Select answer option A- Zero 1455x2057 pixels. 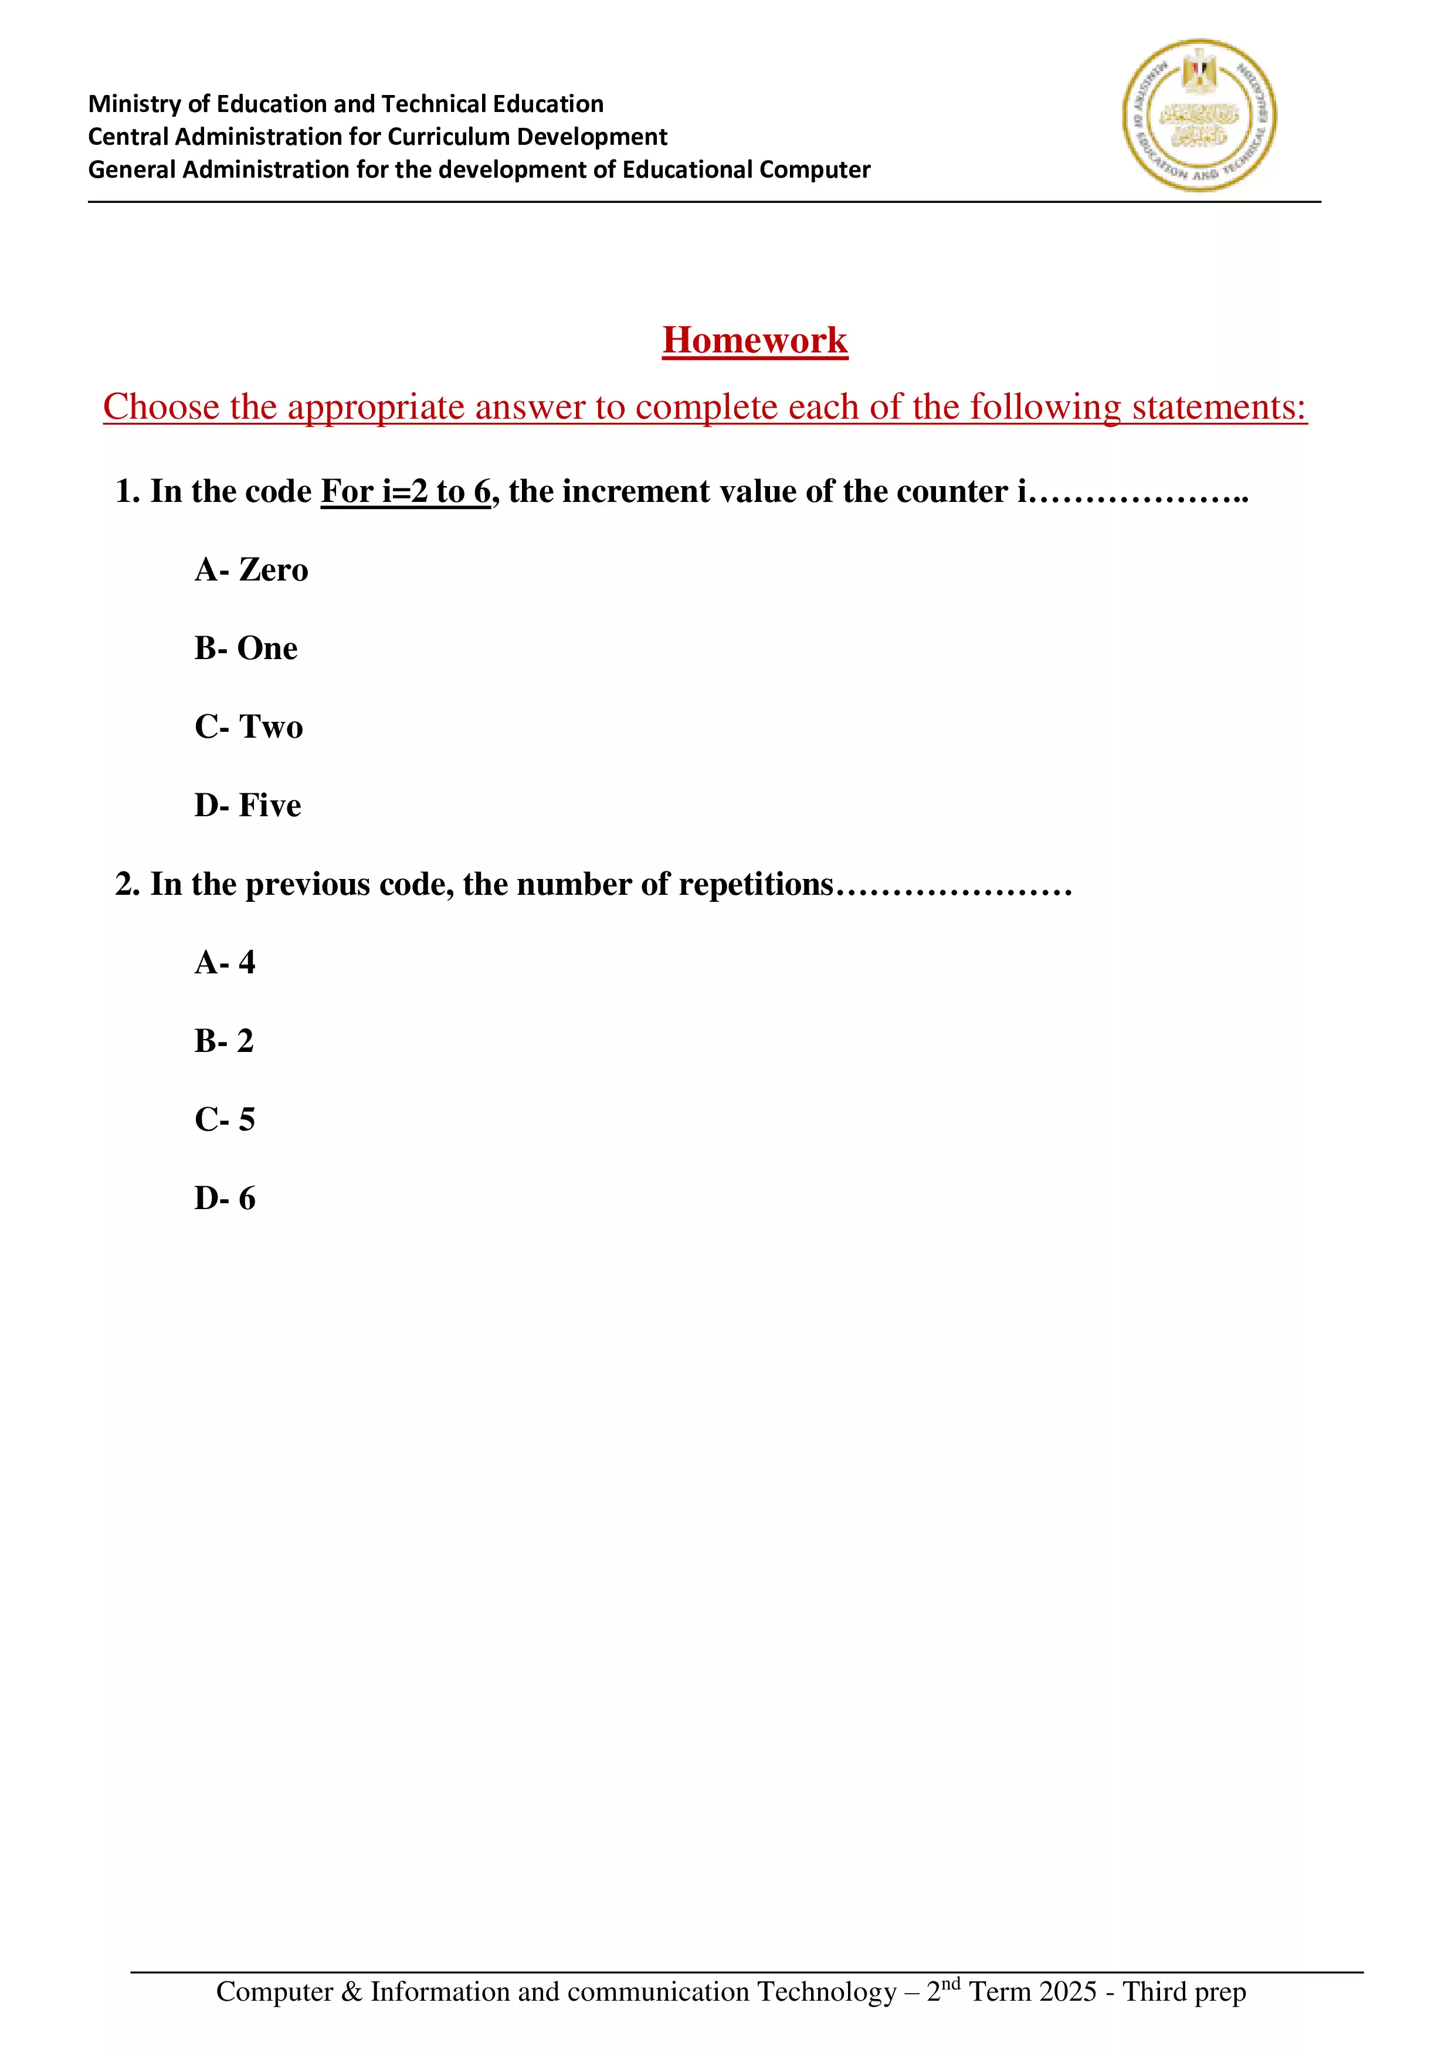(x=251, y=570)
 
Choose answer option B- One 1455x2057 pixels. (x=246, y=649)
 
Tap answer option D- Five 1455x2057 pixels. (x=247, y=806)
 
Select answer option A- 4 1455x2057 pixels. (x=225, y=962)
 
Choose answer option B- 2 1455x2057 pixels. (x=224, y=1041)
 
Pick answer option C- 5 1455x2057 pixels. (x=225, y=1120)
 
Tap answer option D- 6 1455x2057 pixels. (x=225, y=1199)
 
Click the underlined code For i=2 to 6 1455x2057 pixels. (x=406, y=492)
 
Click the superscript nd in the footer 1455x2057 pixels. (x=951, y=1983)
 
